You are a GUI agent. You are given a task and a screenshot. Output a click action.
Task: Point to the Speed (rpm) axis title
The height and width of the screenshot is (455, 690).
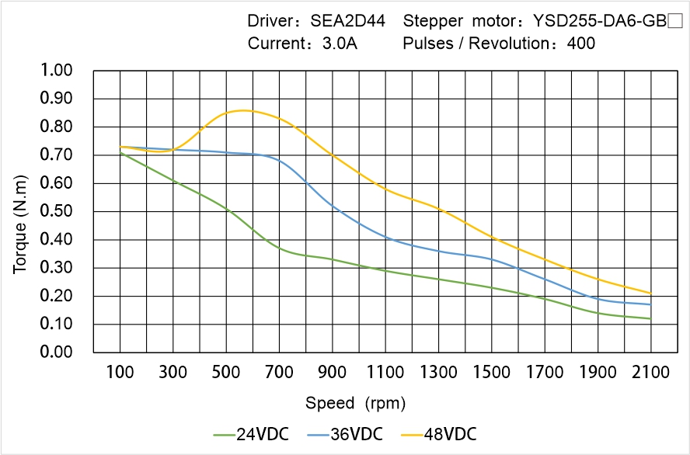(x=355, y=403)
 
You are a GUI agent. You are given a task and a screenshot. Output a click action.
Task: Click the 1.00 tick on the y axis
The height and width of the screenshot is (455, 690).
(x=56, y=71)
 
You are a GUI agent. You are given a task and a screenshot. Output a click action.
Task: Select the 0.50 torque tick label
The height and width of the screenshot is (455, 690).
(x=56, y=211)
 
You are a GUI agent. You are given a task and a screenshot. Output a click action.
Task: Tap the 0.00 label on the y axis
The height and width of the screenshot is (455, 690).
(x=56, y=353)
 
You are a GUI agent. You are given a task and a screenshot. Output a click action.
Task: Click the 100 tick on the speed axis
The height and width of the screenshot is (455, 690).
(x=120, y=373)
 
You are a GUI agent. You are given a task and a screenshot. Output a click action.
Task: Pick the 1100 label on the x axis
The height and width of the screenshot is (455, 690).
(x=385, y=373)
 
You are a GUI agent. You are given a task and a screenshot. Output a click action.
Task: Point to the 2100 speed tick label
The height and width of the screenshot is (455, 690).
(x=650, y=373)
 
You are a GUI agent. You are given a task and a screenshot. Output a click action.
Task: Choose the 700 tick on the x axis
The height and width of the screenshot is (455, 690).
(x=279, y=373)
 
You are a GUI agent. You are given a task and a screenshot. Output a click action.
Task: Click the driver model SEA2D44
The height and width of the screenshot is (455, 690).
(x=347, y=21)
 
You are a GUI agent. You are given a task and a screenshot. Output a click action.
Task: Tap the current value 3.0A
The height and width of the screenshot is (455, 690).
(x=340, y=43)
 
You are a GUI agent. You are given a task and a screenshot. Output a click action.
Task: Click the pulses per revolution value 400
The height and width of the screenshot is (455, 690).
(x=581, y=43)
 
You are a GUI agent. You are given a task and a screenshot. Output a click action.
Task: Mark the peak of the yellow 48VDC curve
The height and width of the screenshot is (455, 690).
(x=242, y=110)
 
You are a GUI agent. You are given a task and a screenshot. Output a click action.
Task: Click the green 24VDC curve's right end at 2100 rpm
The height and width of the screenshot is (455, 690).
(x=650, y=318)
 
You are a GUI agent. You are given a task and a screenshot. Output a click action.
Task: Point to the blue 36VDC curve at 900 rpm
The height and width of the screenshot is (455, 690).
(x=333, y=206)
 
